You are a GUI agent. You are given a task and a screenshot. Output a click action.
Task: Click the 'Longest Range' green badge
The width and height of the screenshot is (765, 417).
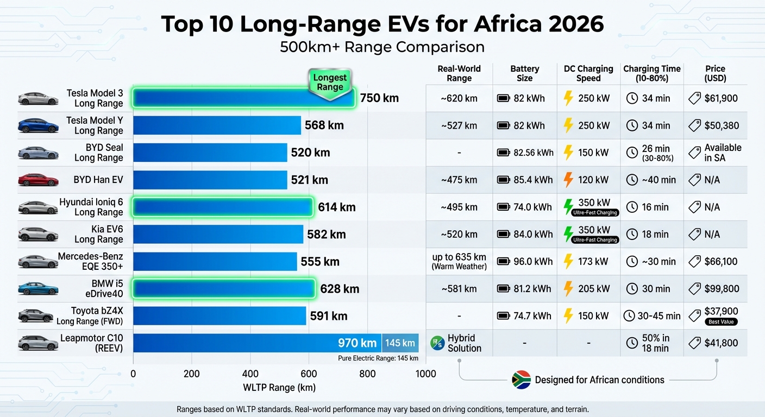330,83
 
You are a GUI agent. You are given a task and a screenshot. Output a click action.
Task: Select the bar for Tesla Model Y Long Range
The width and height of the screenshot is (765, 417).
217,125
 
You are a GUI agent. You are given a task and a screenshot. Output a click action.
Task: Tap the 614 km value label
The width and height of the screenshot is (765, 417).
336,207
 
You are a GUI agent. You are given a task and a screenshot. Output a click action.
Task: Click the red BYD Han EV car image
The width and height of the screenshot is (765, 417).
38,180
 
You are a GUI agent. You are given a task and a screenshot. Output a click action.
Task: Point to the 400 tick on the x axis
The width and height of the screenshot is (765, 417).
250,374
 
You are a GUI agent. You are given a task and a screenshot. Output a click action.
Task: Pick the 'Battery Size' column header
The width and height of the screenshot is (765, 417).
524,73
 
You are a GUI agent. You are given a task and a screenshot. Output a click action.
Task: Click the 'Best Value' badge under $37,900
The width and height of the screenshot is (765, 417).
721,322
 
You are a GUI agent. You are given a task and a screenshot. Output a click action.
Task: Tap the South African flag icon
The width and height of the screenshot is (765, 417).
521,380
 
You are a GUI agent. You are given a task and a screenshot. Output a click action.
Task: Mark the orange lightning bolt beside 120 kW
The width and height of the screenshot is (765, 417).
568,180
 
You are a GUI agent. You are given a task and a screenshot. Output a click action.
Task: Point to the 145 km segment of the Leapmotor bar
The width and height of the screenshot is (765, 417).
400,343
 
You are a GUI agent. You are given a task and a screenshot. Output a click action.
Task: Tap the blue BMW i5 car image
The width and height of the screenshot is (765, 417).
38,289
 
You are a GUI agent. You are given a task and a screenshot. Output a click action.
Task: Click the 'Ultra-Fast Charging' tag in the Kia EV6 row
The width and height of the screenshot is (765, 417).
595,240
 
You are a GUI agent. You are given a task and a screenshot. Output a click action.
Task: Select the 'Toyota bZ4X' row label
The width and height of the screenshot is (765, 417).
97,311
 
